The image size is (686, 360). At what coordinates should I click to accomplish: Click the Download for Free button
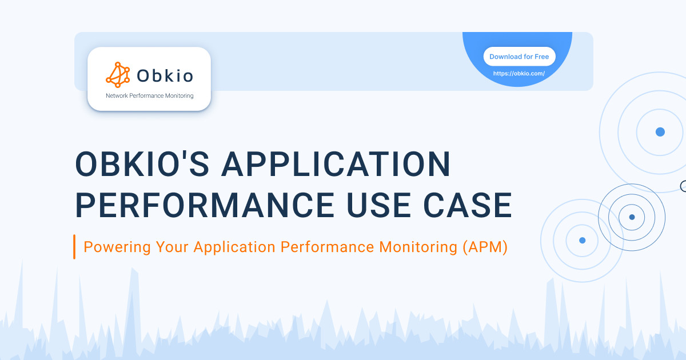click(519, 57)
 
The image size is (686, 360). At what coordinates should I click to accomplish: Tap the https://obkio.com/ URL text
click(519, 74)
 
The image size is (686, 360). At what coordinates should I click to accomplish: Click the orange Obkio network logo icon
click(118, 74)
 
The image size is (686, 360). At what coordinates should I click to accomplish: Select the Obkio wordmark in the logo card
click(165, 75)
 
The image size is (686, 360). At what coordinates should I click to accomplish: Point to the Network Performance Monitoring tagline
click(150, 96)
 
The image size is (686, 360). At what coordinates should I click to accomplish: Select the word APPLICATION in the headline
click(336, 165)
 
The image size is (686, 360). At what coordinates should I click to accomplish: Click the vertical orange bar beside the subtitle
click(74, 247)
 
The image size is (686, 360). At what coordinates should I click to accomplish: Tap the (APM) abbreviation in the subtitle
click(485, 247)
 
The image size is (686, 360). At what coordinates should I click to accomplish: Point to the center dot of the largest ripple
click(660, 132)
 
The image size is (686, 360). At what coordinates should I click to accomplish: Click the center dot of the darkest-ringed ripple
click(632, 217)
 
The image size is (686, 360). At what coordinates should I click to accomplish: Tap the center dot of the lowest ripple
click(582, 241)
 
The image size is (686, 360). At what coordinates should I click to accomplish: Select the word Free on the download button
click(541, 57)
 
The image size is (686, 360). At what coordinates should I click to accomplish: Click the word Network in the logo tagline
click(118, 96)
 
